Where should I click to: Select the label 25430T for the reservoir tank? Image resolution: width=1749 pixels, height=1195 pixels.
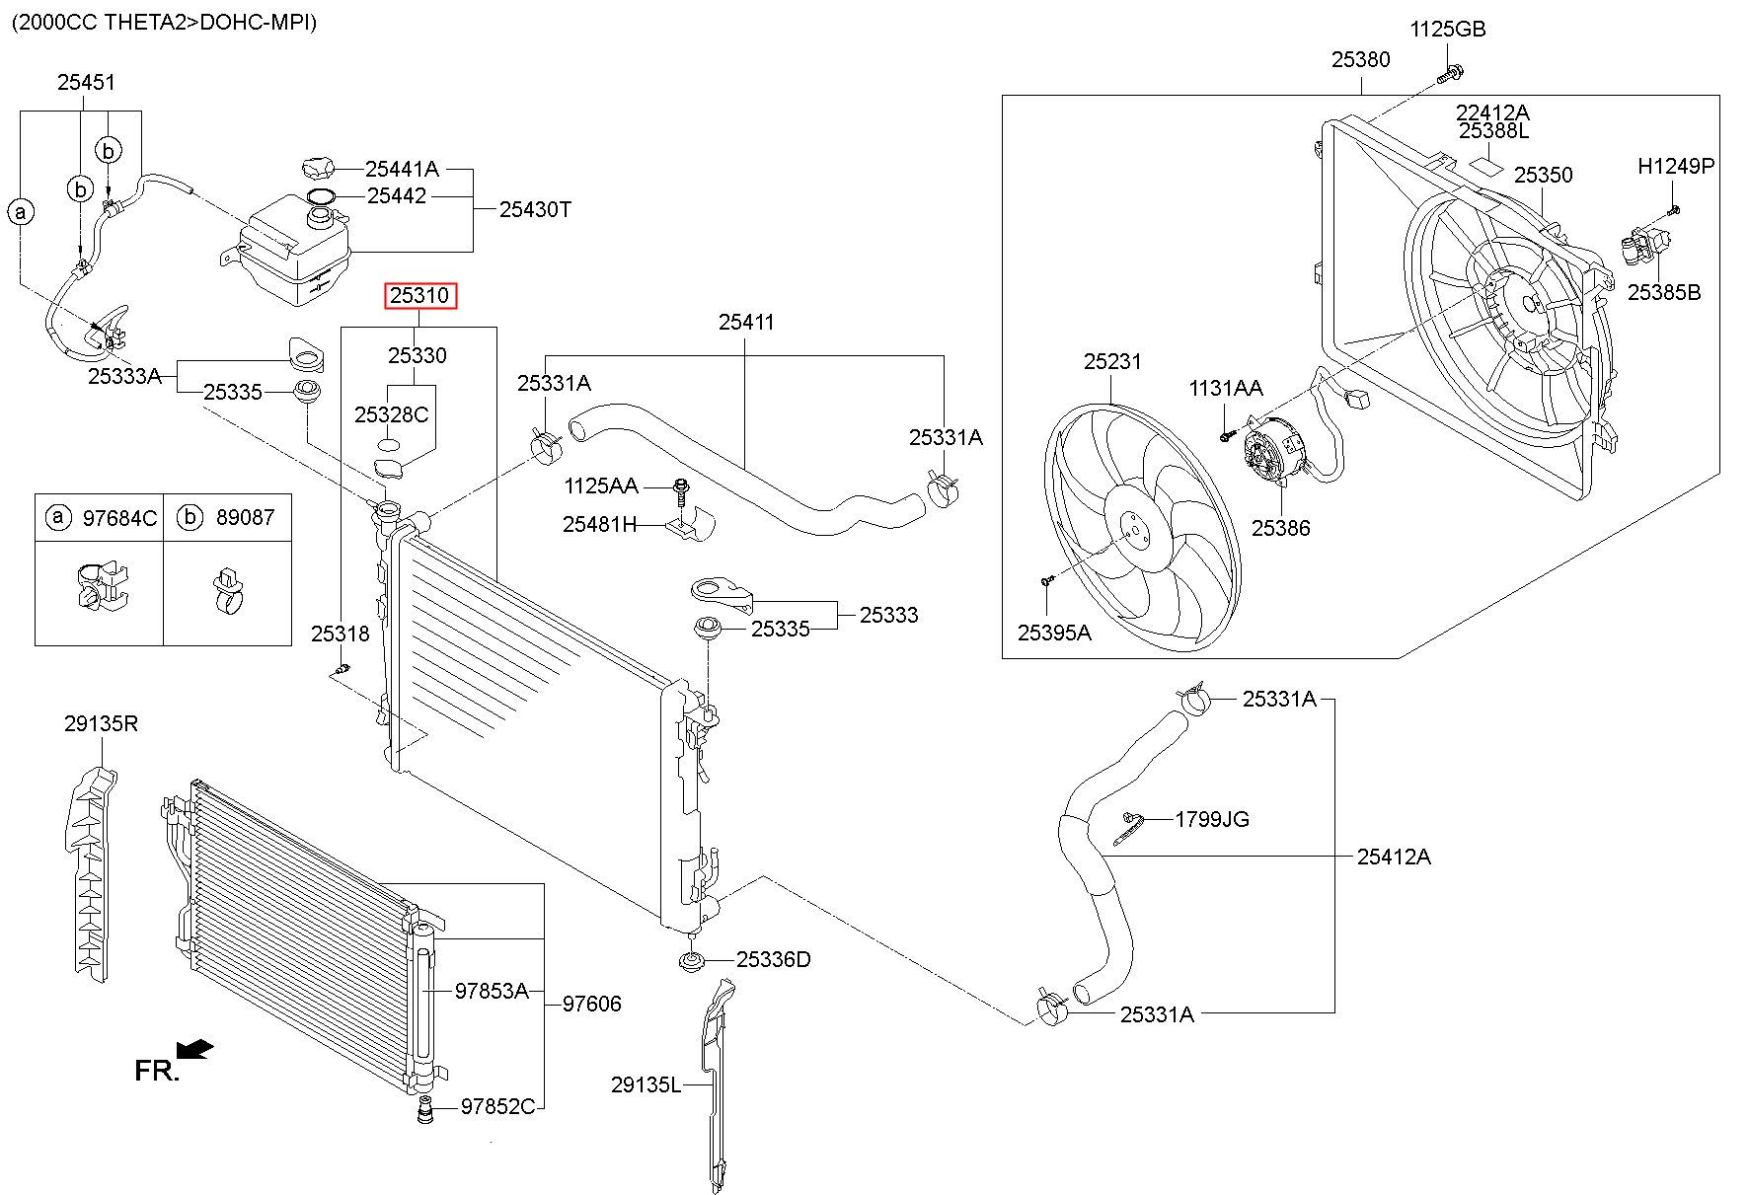click(x=535, y=209)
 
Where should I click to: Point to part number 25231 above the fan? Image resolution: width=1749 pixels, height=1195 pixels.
click(x=1112, y=361)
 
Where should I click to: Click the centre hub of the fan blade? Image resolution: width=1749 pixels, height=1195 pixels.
click(x=1134, y=534)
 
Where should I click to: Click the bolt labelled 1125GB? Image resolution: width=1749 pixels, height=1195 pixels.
click(x=1452, y=71)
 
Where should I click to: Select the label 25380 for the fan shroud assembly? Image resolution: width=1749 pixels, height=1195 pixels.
click(x=1360, y=59)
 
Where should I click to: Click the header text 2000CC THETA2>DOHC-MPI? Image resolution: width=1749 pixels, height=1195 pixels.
click(x=165, y=22)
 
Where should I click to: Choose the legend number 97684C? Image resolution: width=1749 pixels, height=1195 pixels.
click(x=119, y=518)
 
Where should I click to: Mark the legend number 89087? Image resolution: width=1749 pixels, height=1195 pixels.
click(x=244, y=518)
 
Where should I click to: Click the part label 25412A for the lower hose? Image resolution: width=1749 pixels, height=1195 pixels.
click(x=1393, y=857)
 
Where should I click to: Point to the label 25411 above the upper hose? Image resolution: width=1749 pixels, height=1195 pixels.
click(x=746, y=322)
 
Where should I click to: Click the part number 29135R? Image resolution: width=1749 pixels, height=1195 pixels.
click(x=101, y=723)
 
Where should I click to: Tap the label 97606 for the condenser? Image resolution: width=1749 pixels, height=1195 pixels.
click(x=592, y=1004)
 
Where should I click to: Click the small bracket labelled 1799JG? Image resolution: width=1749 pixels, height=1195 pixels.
click(x=1128, y=828)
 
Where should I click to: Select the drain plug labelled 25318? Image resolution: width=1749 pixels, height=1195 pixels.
click(x=342, y=670)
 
